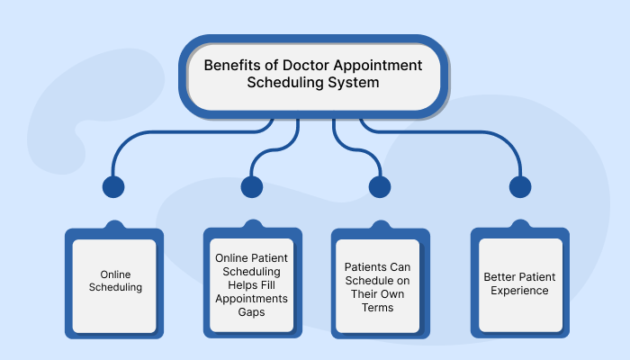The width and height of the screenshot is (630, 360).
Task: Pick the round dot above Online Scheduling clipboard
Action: [113, 187]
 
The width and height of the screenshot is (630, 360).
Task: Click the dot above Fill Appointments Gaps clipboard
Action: [251, 187]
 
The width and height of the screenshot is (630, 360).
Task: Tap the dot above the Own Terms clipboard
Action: [380, 187]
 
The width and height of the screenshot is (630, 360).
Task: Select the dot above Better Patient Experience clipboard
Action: [520, 187]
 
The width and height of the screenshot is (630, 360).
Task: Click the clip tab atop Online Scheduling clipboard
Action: [113, 223]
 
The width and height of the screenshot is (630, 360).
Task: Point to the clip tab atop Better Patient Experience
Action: [520, 223]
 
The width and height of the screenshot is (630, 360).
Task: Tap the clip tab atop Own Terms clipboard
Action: [380, 223]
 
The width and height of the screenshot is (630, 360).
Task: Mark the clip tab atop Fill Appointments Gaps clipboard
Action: [251, 223]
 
